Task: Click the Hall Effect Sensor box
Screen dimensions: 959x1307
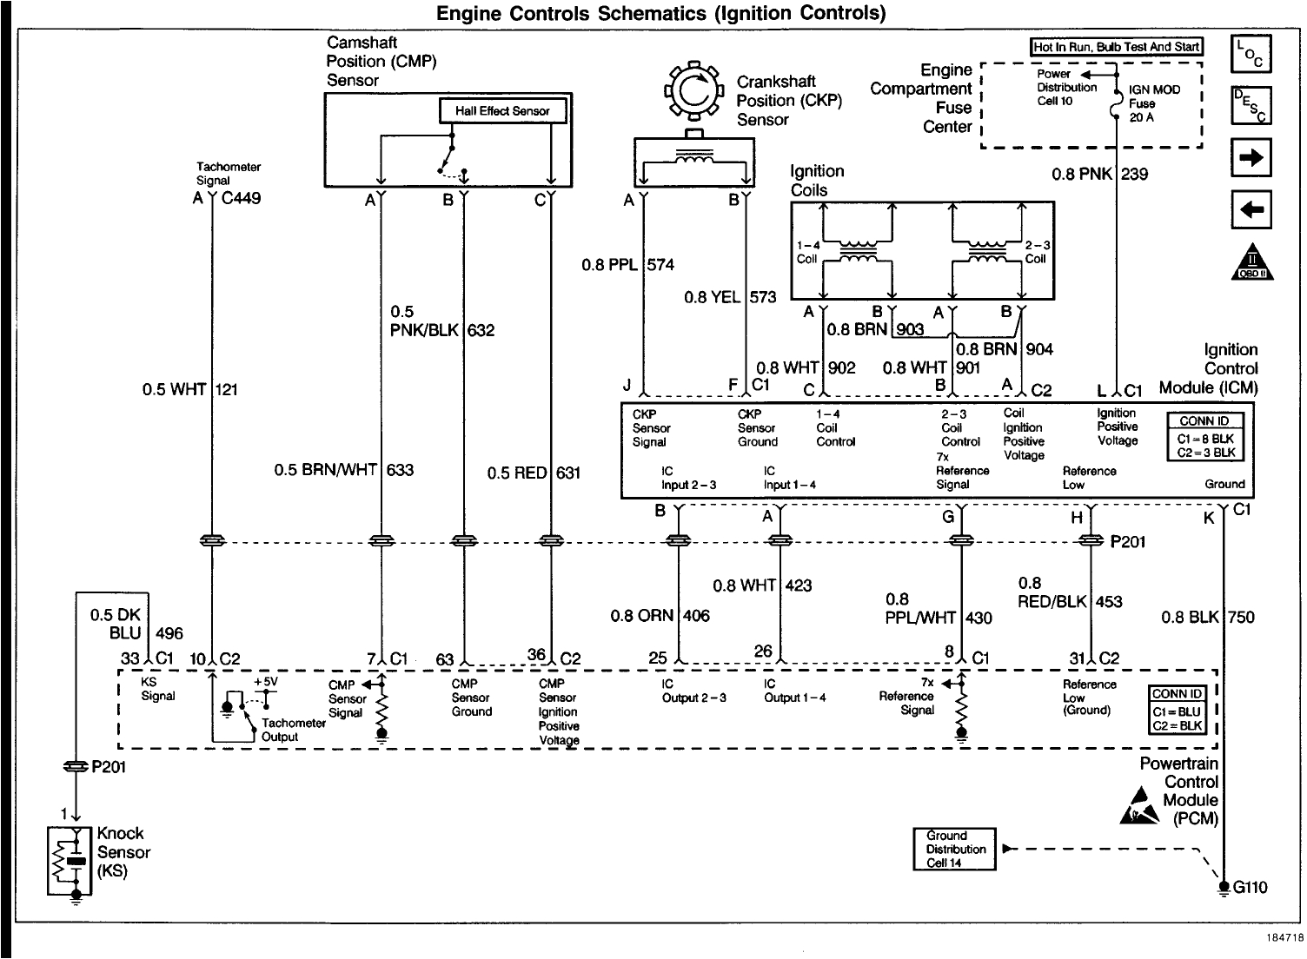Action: (x=501, y=111)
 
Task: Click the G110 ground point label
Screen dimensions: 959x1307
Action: (x=1250, y=887)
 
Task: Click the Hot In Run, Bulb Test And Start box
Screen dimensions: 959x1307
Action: (x=1116, y=47)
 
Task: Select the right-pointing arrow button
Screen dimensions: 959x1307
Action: (x=1251, y=159)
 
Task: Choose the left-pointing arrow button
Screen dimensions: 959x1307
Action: (x=1251, y=209)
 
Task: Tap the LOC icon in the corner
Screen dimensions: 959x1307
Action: (x=1251, y=54)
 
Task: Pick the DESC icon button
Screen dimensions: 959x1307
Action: (x=1251, y=106)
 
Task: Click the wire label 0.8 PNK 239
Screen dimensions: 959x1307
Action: (x=1099, y=174)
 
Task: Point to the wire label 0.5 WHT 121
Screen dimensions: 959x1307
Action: (x=189, y=389)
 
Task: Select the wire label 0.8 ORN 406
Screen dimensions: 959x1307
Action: (x=660, y=616)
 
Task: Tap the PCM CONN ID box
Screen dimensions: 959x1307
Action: (x=1177, y=710)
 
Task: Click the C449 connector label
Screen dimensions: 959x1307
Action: (x=241, y=198)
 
